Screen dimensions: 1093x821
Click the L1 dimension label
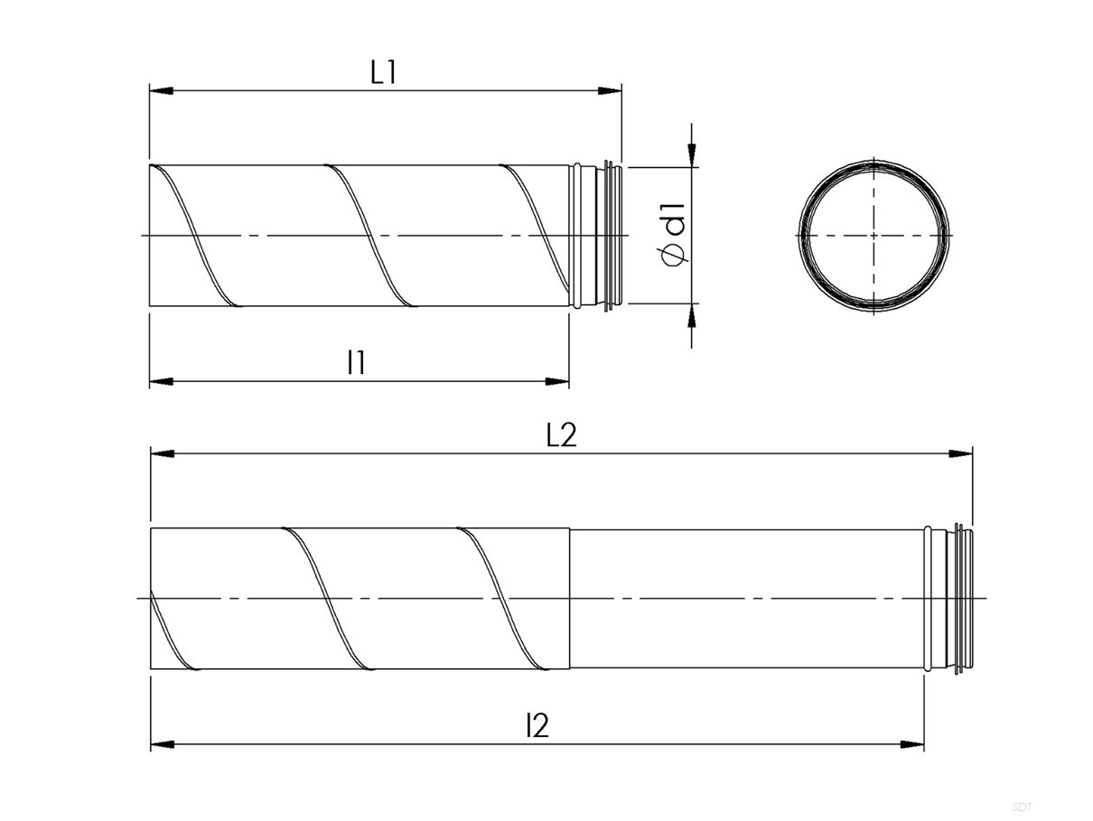(383, 72)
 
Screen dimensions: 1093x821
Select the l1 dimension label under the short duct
(357, 362)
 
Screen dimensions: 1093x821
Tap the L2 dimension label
(561, 434)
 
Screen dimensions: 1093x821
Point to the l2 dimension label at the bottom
(537, 725)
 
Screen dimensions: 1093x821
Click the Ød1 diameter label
(674, 235)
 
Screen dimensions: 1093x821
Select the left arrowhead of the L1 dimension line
(162, 90)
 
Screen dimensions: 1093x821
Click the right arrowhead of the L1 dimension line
(610, 90)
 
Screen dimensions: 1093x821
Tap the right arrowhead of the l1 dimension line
(557, 381)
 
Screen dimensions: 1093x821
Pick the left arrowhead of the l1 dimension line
(162, 381)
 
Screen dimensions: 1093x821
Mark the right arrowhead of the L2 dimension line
(960, 453)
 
